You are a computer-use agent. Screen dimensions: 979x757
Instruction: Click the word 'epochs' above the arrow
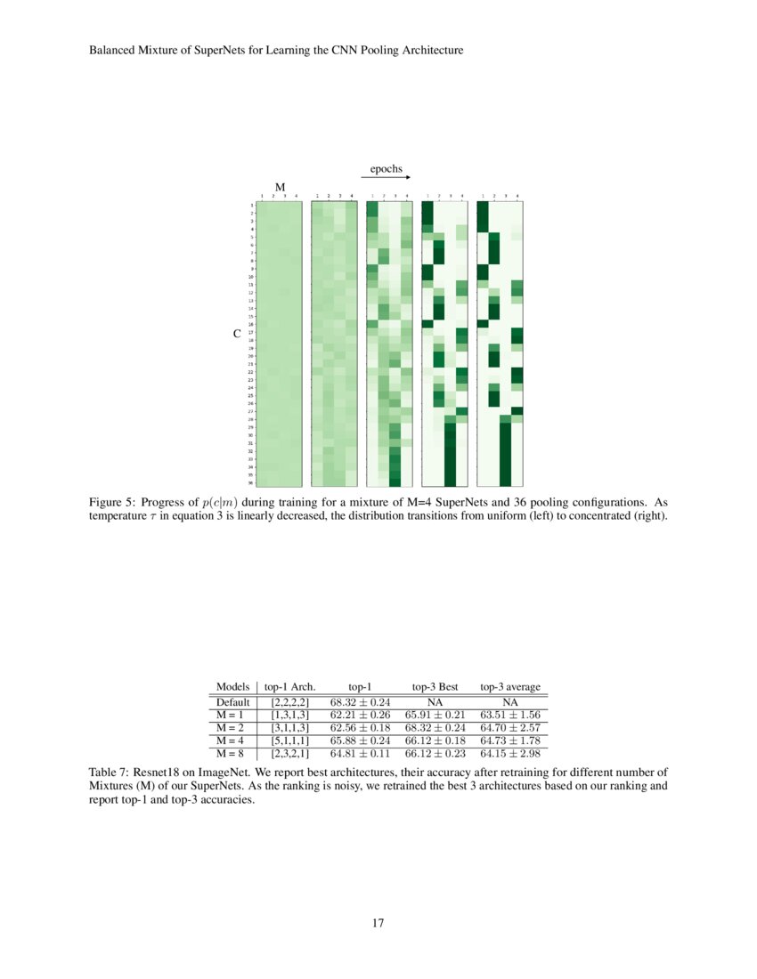click(386, 168)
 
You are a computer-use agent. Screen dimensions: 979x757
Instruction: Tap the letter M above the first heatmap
click(280, 188)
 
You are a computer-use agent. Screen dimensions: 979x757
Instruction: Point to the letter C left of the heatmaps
click(237, 334)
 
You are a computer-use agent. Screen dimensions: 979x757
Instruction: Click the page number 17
click(378, 923)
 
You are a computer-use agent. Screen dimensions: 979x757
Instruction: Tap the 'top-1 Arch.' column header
click(290, 687)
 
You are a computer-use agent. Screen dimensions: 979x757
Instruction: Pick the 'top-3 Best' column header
click(435, 687)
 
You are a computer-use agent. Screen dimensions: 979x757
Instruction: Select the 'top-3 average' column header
click(510, 687)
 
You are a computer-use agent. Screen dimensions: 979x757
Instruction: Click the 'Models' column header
click(232, 687)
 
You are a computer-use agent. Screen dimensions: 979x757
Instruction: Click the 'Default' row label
click(233, 702)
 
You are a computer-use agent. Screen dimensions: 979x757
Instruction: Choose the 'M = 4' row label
click(231, 740)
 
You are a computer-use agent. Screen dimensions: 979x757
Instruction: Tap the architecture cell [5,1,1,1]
click(290, 740)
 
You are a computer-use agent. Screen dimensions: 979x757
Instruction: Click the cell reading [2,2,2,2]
click(290, 702)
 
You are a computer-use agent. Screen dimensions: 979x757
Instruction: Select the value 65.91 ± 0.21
click(435, 715)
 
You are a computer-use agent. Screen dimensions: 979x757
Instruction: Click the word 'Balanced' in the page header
click(112, 51)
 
